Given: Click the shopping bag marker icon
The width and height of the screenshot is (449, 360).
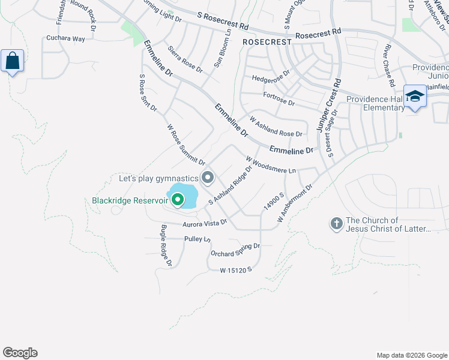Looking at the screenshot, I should [13, 61].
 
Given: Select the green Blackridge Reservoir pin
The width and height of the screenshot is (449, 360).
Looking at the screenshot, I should [178, 199].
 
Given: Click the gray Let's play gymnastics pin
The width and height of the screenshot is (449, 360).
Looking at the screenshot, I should [208, 178].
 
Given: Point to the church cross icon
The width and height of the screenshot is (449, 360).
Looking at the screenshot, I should [336, 224].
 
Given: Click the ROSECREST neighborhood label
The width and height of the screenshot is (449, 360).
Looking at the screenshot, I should [267, 43].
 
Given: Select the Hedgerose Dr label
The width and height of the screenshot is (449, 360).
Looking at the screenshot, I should [271, 78].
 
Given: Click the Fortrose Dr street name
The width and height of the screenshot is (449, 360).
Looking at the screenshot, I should [279, 99].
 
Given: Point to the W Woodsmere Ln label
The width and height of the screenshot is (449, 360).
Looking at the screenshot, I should [271, 164].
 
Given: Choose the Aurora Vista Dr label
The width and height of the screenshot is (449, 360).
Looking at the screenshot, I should [204, 223].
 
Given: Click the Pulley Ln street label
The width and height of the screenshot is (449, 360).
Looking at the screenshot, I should [197, 239].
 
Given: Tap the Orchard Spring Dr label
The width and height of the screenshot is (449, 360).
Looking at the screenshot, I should [235, 250].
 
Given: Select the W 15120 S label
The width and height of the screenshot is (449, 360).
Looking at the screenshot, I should [235, 271].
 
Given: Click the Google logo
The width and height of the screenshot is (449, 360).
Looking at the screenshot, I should [20, 353].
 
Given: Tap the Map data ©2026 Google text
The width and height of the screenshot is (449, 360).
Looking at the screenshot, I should [411, 355].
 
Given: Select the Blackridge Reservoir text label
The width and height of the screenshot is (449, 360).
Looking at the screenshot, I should [128, 201].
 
